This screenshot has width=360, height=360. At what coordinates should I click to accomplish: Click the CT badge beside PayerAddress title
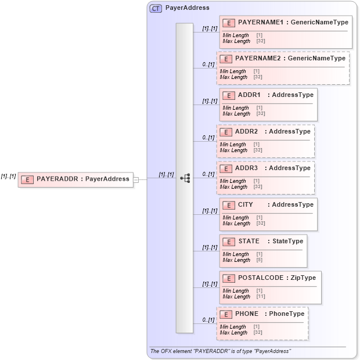[x=156, y=8]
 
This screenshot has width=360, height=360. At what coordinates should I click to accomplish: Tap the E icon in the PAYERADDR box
[x=27, y=179]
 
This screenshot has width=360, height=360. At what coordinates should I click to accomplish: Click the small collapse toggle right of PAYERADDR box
[x=136, y=179]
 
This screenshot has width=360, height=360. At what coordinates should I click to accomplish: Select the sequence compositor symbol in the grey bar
[x=185, y=178]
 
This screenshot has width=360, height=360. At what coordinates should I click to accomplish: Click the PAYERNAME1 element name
[x=260, y=22]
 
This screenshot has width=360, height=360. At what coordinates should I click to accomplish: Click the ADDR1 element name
[x=249, y=95]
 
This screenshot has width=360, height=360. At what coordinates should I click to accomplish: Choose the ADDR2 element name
[x=246, y=132]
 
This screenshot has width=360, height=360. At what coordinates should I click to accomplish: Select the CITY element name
[x=246, y=205]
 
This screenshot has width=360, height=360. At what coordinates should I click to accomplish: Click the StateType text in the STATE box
[x=287, y=242]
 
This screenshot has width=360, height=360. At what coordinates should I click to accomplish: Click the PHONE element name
[x=247, y=314]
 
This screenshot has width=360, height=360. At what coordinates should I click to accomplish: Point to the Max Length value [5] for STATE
[x=260, y=260]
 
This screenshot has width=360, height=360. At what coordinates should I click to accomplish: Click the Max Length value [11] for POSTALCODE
[x=261, y=297]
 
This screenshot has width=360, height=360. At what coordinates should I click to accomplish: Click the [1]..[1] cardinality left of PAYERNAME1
[x=210, y=28]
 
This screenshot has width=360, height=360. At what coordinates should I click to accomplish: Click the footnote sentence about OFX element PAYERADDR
[x=220, y=351]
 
